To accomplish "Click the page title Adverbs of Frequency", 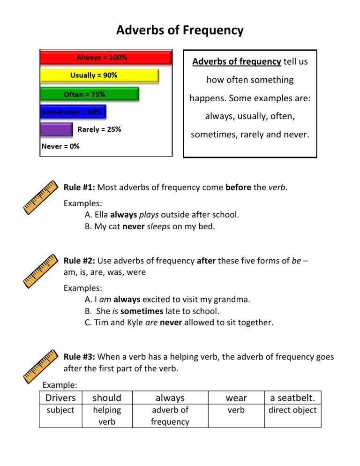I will (180, 30).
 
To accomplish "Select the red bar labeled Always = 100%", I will (105, 58).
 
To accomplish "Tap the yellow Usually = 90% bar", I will (99, 75).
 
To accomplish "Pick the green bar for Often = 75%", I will (89, 94).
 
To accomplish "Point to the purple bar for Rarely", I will (56, 129).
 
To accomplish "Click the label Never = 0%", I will (60, 146).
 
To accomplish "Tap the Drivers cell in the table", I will (60, 398).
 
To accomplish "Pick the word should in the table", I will (107, 398).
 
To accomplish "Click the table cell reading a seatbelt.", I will (292, 398).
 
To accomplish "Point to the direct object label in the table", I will (292, 410).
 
